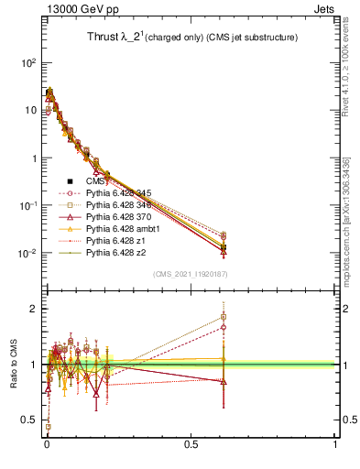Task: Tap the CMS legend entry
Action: [95, 181]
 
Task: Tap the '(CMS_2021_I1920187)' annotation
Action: [190, 274]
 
